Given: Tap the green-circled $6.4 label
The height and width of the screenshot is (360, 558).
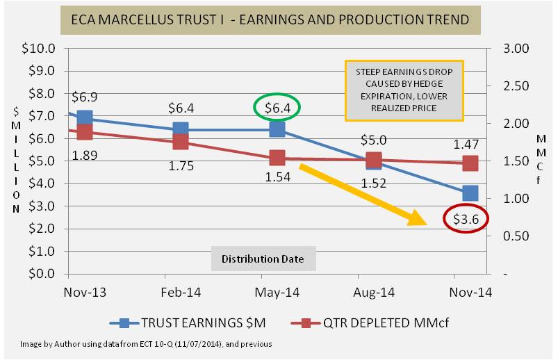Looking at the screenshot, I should coord(277,108).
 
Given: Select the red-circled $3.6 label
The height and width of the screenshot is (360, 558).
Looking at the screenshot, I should coord(466,218).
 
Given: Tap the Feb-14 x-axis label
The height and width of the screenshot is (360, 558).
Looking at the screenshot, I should coord(181,292).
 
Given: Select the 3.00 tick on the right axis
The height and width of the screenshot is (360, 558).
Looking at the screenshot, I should coord(517,49).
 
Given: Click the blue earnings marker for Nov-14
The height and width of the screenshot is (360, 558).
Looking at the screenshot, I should coord(470,193).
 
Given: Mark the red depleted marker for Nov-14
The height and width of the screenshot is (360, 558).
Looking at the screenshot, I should coord(470,163).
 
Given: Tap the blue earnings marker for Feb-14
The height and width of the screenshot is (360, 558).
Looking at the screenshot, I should coord(181,129).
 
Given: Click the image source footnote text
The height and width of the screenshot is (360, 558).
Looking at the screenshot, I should coord(145,344).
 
